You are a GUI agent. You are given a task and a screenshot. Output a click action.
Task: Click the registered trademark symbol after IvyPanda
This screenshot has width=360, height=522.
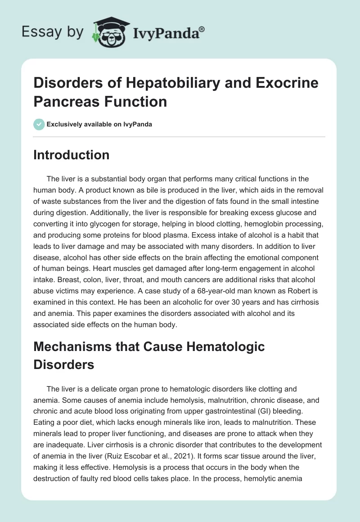coord(202,28)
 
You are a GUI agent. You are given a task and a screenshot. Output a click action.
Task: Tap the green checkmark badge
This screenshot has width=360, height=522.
coord(39,124)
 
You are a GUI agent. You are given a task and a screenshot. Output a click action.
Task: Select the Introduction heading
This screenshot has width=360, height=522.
coord(71,155)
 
